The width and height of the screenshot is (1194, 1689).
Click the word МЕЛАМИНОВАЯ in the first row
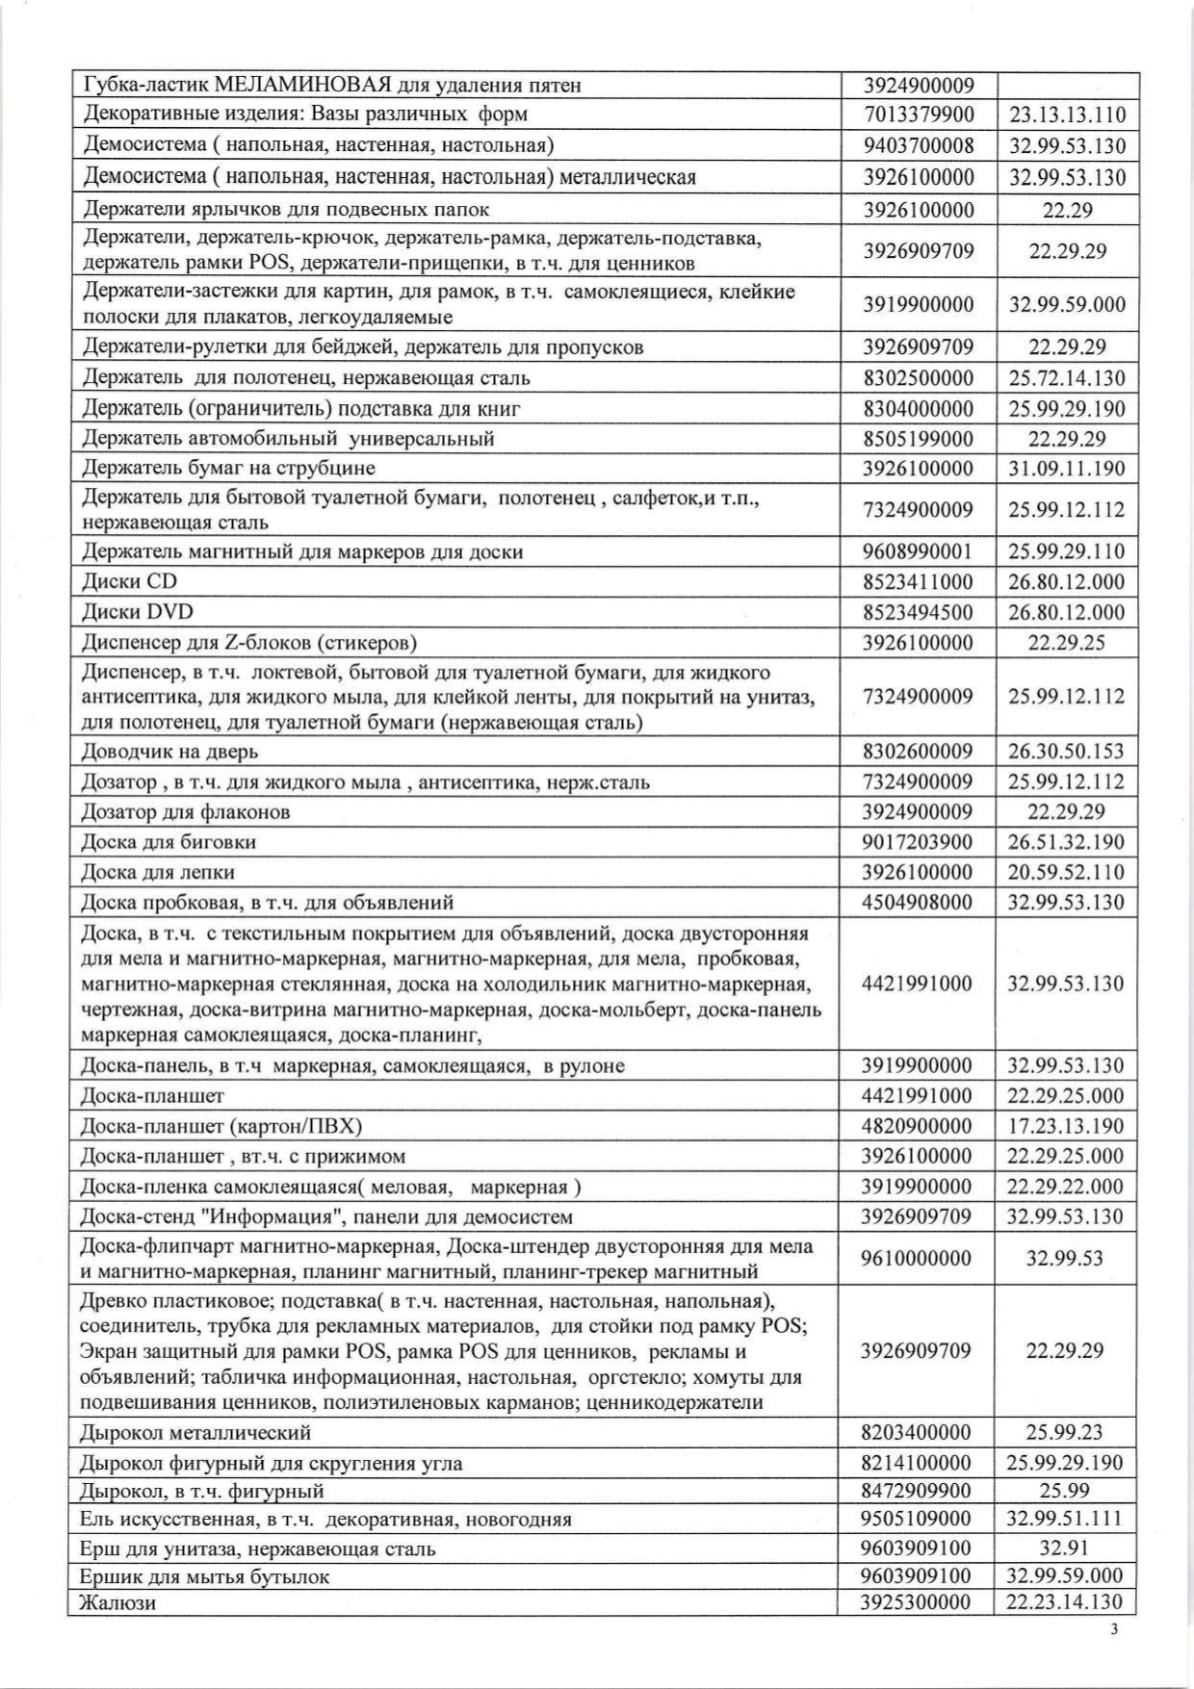click(303, 85)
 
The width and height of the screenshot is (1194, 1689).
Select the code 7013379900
click(919, 115)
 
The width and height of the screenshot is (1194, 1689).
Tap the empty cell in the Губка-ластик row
click(1067, 85)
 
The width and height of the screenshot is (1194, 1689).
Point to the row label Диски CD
click(130, 581)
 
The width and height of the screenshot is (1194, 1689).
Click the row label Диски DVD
click(138, 612)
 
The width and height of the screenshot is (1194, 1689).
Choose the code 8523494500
click(918, 612)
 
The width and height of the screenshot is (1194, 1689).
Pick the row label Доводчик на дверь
click(169, 751)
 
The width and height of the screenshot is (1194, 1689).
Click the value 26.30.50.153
click(1066, 751)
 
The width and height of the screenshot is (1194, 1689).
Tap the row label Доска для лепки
click(158, 872)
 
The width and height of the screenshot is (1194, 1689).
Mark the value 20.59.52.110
click(1066, 872)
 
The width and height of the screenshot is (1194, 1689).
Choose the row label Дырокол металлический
click(195, 1432)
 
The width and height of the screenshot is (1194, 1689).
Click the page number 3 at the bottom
click(1114, 1629)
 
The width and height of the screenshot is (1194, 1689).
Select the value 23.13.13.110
click(1067, 115)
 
